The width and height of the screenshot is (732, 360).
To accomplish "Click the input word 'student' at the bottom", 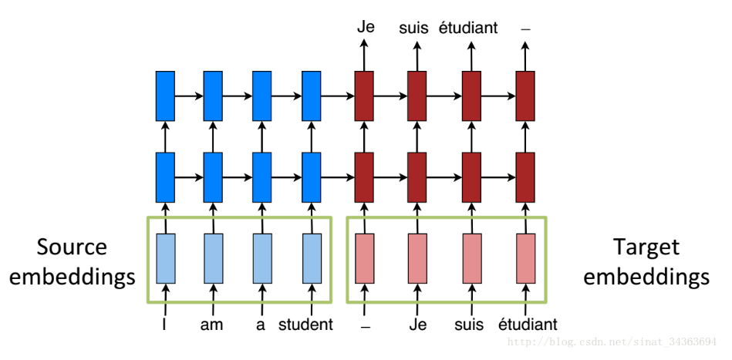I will pos(305,325).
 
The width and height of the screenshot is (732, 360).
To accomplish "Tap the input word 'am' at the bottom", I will pos(211,325).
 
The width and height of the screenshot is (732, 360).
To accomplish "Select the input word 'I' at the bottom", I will pos(164,325).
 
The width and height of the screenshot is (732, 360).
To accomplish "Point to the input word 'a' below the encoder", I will pos(261,325).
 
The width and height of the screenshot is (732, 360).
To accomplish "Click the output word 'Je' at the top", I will pos(366,27).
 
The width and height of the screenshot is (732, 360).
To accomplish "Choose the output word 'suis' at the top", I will pos(414,29).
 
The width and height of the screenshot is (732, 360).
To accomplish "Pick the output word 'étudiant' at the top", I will pos(468,28).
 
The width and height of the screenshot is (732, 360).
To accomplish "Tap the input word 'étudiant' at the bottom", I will pos(528,325).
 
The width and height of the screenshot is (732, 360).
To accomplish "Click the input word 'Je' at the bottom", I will pos(419,325).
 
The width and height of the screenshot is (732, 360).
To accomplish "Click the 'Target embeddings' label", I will pos(646,262).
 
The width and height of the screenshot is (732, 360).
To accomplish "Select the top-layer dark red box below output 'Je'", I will pos(364,96).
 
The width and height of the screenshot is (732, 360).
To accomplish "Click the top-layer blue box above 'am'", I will pos(213,96).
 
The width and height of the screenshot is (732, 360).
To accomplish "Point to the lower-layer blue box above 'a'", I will pos(262,177).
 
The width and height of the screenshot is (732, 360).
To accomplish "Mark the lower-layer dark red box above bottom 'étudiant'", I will pos(525,177).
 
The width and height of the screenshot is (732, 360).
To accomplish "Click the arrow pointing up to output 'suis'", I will pos(417,55).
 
